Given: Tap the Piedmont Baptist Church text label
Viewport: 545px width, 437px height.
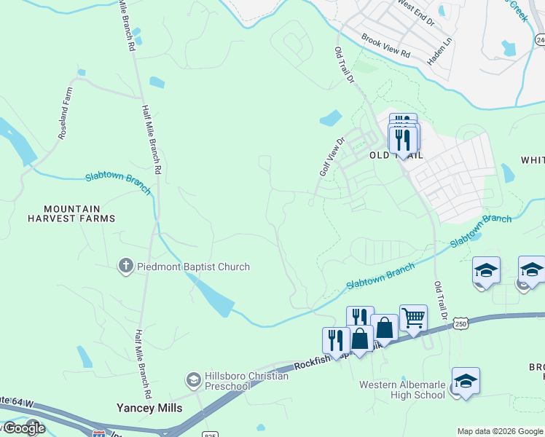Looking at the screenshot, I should point(193,267).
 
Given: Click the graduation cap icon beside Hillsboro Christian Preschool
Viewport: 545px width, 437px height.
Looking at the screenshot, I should point(193,379).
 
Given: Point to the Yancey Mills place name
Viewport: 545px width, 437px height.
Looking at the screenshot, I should point(149,408).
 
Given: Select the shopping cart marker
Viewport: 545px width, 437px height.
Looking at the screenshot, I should point(413,318).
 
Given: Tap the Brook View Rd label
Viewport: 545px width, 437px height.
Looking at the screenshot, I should point(385,49).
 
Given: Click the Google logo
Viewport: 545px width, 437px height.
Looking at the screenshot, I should point(23,428).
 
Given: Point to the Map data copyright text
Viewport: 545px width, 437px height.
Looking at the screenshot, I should point(500,431).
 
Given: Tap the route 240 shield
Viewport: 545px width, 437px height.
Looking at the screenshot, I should point(539,40).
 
